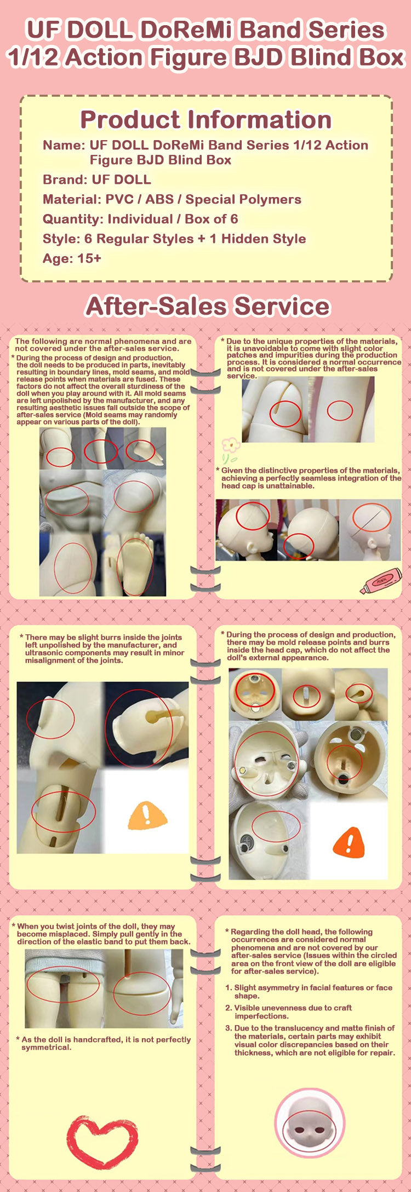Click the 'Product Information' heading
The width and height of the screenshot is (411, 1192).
pos(206,119)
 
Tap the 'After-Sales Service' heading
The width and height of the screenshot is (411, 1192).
pos(208,306)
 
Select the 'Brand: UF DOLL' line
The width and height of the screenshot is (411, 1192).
pos(97,180)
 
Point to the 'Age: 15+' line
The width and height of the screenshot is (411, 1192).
pos(72,258)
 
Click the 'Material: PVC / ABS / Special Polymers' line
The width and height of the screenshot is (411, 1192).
pos(172,199)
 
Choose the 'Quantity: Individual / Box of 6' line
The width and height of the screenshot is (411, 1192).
pos(140,219)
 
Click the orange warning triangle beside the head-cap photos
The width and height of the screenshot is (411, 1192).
pos(349,841)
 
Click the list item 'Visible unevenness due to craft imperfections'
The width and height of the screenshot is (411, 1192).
pos(289,1011)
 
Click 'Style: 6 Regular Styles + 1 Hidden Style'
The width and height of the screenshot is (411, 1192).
pos(174,239)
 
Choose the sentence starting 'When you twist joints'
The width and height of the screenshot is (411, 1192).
pos(101,934)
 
